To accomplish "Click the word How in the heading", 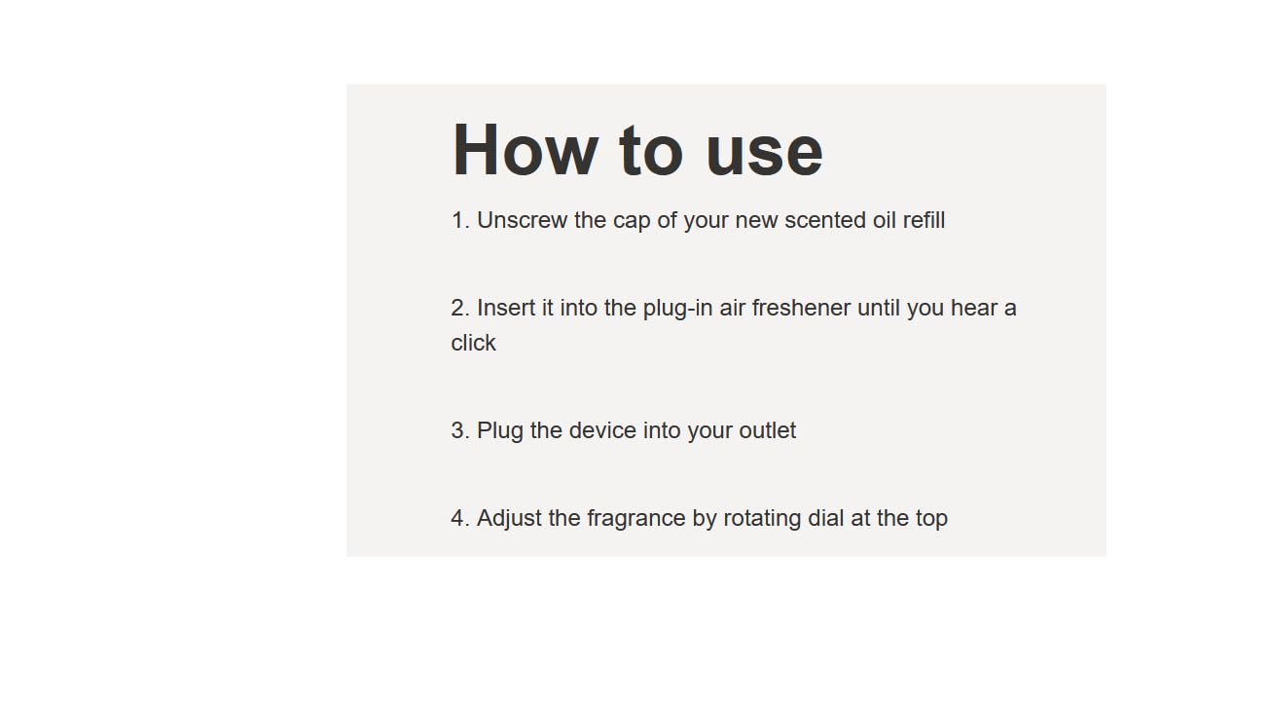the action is pyautogui.click(x=526, y=150).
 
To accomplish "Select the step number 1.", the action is pyautogui.click(x=460, y=220).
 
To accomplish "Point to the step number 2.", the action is pyautogui.click(x=460, y=309).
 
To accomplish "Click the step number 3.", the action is pyautogui.click(x=460, y=431).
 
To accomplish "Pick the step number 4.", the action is pyautogui.click(x=460, y=518).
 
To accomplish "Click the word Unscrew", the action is pyautogui.click(x=522, y=220).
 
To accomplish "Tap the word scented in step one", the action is pyautogui.click(x=825, y=220).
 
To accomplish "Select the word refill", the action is pyautogui.click(x=924, y=220).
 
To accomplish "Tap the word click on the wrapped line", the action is pyautogui.click(x=473, y=343).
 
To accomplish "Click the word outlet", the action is pyautogui.click(x=767, y=430).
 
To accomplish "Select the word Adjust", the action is pyautogui.click(x=509, y=519).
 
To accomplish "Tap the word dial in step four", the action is pyautogui.click(x=825, y=518).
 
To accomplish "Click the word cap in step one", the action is pyautogui.click(x=632, y=222).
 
